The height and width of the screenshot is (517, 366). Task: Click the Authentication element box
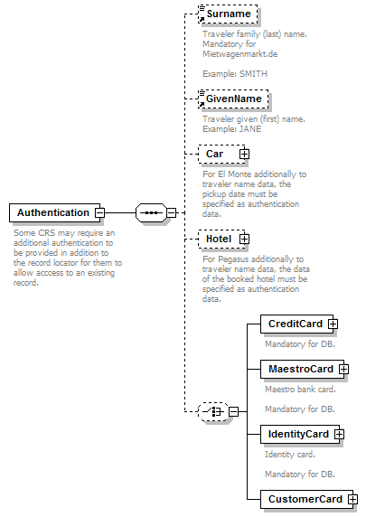pos(55,212)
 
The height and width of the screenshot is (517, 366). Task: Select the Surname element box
pos(228,14)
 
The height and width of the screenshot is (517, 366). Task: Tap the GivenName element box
pos(233,99)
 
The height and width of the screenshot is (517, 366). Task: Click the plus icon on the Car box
pos(244,154)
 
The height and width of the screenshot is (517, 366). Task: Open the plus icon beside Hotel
pos(244,239)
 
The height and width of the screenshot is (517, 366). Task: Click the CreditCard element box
pos(296,324)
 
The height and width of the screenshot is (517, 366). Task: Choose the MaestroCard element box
pos(302,369)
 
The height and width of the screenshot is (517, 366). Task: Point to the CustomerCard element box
pos(306,499)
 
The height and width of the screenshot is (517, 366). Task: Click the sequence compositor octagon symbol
pos(151,212)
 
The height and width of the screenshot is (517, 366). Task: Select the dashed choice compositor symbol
pos(213,411)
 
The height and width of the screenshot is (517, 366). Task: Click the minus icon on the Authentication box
pos(100,212)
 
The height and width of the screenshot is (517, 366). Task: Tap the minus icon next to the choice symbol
pos(233,411)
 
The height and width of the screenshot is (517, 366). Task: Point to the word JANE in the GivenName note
pos(250,129)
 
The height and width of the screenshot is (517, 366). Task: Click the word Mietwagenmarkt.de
pos(240,54)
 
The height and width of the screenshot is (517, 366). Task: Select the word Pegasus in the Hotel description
pos(233,259)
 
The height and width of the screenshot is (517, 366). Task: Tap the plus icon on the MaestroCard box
pos(344,369)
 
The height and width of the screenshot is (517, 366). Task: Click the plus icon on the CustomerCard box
pos(353,499)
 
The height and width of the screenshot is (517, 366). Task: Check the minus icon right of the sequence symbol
pos(171,212)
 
